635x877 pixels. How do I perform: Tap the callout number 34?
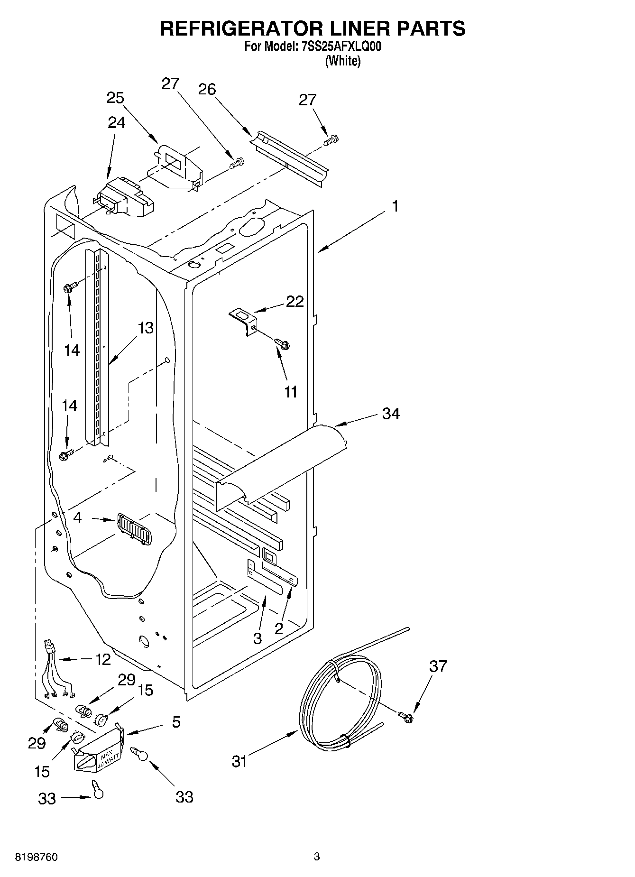click(391, 414)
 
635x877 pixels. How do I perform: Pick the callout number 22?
click(294, 302)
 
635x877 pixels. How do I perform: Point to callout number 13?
click(146, 327)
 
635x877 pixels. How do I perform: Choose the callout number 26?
click(207, 89)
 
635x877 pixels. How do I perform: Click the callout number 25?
click(115, 98)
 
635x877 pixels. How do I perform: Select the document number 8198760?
click(36, 857)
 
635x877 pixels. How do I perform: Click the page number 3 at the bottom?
click(316, 857)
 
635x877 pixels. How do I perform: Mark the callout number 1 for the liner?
click(395, 207)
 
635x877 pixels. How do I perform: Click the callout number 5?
click(176, 722)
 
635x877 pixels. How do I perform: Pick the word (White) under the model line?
click(342, 61)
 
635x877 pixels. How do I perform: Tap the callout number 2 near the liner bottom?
click(278, 629)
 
